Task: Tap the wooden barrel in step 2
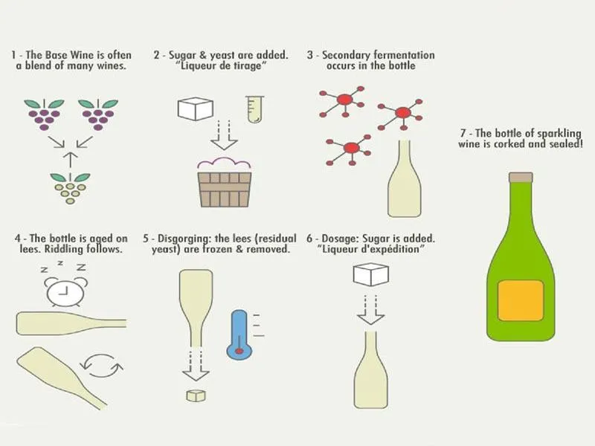point(224,187)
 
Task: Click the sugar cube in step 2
point(196,109)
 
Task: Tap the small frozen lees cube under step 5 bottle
point(196,395)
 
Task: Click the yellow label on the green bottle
point(521,300)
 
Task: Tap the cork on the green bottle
point(521,178)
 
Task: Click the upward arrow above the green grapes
point(69,158)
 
